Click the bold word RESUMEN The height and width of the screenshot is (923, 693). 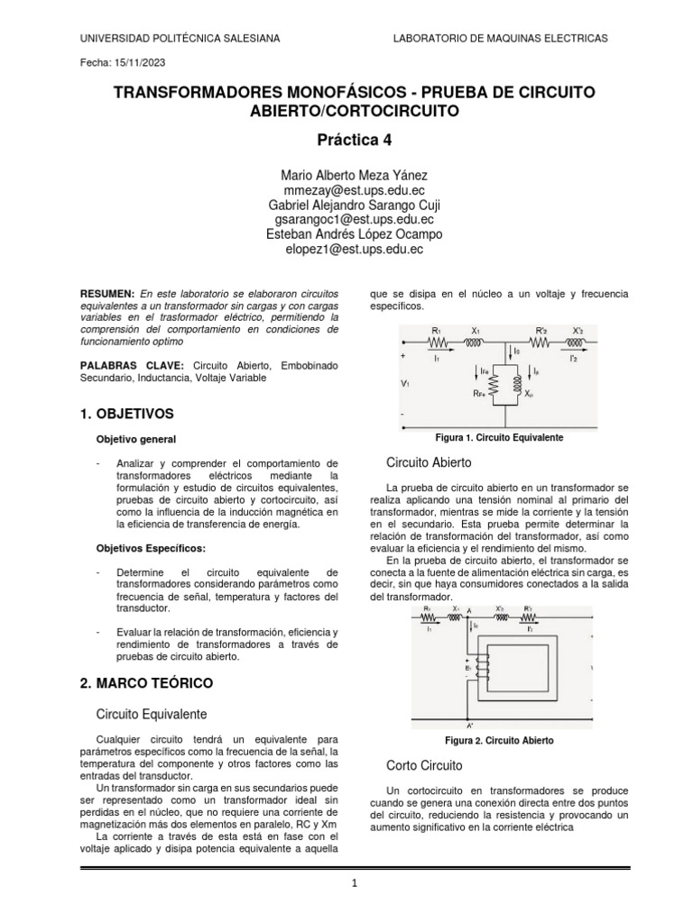coord(107,295)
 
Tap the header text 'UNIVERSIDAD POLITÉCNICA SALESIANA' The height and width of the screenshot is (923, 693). coord(180,38)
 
